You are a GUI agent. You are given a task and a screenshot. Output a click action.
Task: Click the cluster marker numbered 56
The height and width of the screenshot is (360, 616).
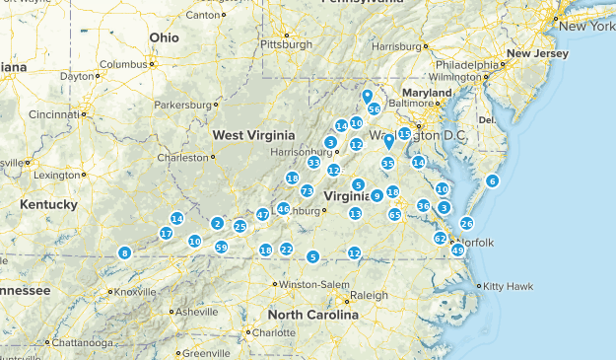374,108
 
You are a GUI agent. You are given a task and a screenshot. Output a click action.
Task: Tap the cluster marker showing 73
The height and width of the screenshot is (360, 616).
308,191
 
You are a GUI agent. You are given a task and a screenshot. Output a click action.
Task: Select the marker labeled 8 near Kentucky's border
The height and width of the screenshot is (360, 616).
124,253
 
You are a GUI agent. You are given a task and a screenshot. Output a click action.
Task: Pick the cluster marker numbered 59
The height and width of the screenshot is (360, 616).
222,247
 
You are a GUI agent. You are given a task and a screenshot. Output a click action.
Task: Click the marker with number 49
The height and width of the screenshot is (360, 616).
457,251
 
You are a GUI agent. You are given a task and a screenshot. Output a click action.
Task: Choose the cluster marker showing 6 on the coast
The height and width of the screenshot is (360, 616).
492,180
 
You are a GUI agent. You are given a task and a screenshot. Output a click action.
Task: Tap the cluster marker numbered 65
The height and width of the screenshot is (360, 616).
394,214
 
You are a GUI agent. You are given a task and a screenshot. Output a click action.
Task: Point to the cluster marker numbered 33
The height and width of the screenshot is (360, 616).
313,163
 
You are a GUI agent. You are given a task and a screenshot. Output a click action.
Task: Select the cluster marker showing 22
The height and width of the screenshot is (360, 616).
286,250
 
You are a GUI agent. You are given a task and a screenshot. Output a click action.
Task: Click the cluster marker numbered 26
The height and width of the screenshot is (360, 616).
466,223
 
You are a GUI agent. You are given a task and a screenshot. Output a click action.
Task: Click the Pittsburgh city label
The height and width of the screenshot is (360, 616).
285,44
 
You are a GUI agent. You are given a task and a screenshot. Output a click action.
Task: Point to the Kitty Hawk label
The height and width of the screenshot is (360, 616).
506,286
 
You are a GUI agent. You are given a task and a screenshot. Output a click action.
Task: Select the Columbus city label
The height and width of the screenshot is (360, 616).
122,64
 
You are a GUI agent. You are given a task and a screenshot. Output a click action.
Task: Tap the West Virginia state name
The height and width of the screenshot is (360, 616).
253,134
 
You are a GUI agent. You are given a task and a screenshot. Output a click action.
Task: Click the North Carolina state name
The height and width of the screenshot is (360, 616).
312,317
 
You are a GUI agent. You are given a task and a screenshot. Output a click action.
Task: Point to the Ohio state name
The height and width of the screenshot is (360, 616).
165,37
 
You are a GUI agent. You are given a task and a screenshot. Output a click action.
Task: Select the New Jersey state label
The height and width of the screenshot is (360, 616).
537,53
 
